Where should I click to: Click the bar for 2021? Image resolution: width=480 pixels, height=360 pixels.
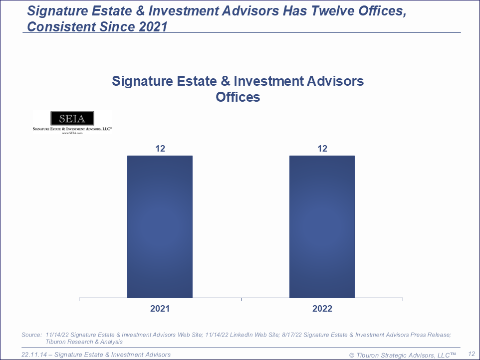pos(160,227)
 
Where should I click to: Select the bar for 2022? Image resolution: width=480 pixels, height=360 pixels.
pos(322,227)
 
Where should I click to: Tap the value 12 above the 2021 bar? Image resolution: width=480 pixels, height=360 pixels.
pos(160,148)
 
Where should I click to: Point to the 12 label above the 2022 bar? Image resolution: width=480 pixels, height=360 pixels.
pos(322,148)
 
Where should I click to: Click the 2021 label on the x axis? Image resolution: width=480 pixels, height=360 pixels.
pos(160,309)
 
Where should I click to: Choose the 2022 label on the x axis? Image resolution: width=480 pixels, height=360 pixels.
pos(322,309)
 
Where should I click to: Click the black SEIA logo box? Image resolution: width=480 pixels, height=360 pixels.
pos(72,118)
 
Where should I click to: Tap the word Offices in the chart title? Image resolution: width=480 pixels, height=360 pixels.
pos(238,97)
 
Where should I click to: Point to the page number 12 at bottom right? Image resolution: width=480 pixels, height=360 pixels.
pos(471,354)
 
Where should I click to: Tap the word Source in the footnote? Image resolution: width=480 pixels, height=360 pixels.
pos(31,335)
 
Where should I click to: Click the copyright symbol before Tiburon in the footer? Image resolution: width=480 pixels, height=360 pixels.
pos(352,355)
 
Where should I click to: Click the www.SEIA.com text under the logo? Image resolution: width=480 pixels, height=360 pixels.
pos(72,133)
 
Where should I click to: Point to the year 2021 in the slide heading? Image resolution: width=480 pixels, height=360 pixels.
pos(152,26)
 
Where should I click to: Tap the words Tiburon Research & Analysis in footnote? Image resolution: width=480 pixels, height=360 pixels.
pos(84,342)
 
